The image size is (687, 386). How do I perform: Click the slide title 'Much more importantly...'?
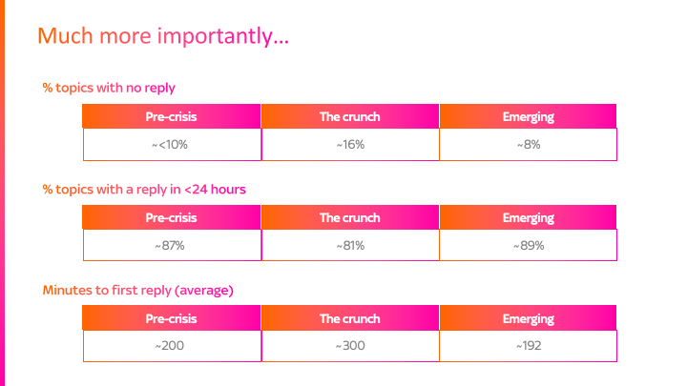163,37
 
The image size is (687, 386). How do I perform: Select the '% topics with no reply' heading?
109,88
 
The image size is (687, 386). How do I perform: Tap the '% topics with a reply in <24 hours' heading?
144,189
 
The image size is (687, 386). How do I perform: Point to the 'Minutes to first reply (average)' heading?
138,290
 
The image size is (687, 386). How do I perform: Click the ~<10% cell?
172,144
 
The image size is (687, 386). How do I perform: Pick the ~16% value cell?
349,144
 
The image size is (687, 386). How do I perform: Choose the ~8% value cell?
528,144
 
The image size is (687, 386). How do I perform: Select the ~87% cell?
172,245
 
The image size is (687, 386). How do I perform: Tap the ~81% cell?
349,245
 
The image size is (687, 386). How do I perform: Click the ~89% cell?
528,245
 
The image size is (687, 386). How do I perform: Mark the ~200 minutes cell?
172,346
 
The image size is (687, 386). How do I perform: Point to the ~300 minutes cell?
349,346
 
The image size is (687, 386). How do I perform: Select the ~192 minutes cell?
528,346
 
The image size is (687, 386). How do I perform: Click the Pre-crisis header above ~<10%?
172,116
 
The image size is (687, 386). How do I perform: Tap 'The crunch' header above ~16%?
349,116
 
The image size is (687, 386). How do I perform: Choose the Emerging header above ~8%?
528,116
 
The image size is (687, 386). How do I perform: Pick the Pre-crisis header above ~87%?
172,217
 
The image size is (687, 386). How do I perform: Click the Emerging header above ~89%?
528,217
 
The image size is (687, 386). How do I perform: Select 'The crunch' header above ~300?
349,318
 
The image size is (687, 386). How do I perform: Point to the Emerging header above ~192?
528,318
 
